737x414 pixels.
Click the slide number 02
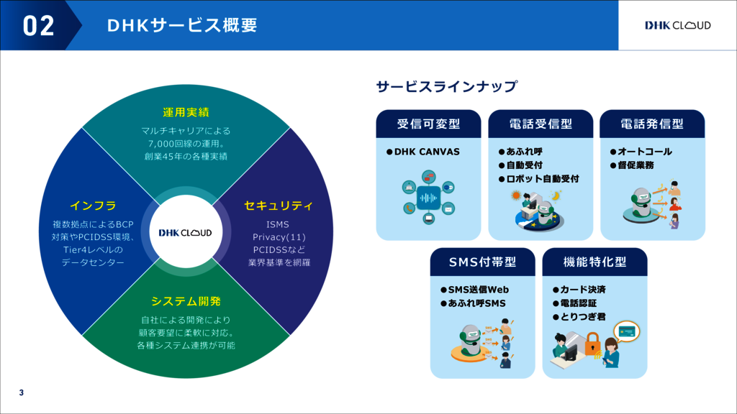pyautogui.click(x=39, y=26)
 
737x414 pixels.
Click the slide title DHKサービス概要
pyautogui.click(x=181, y=26)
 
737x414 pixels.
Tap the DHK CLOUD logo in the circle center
pyautogui.click(x=186, y=232)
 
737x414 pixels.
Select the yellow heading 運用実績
pyautogui.click(x=186, y=112)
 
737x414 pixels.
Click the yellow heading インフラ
pyautogui.click(x=93, y=206)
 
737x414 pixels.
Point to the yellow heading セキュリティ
pyautogui.click(x=279, y=206)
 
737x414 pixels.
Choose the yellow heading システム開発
pyautogui.click(x=186, y=301)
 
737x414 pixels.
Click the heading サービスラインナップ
pyautogui.click(x=446, y=87)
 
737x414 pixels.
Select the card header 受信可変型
pyautogui.click(x=428, y=124)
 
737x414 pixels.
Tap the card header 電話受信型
pyautogui.click(x=541, y=124)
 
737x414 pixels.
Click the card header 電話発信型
pyautogui.click(x=652, y=124)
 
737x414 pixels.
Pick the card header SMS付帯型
pyautogui.click(x=483, y=262)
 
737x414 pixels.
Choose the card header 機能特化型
pyautogui.click(x=594, y=262)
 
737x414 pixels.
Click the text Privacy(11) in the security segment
pyautogui.click(x=279, y=237)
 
